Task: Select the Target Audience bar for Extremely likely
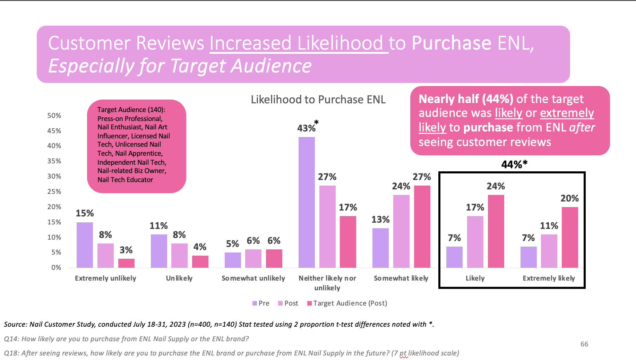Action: coord(570,237)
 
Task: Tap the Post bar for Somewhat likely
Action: coord(401,231)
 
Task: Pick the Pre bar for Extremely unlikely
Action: coord(85,245)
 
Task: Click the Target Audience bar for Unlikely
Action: coord(200,262)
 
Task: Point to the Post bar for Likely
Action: coord(475,242)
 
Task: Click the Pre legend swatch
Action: coord(255,303)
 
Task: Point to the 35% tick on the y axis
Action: coord(54,161)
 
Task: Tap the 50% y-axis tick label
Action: coord(54,115)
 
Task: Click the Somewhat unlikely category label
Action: coord(253,278)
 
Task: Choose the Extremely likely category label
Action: coord(549,278)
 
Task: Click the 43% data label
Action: coord(306,128)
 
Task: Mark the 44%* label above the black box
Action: coord(514,164)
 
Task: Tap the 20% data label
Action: coord(569,198)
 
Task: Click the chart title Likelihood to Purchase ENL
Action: coord(318,100)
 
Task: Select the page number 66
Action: coord(584,344)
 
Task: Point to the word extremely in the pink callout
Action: coord(567,113)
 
